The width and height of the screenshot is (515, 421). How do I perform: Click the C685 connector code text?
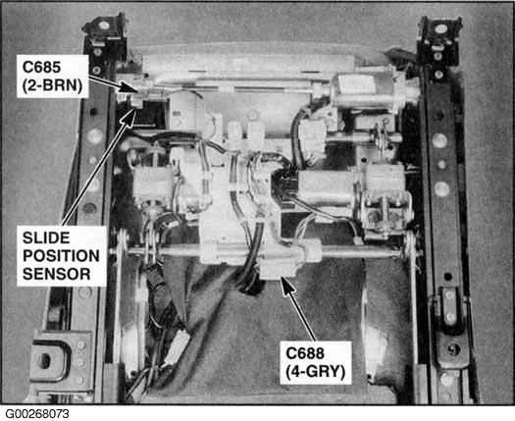[x=42, y=68]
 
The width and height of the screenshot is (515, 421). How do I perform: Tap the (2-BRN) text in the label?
[x=52, y=85]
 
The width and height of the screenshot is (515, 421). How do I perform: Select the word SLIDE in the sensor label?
[x=46, y=237]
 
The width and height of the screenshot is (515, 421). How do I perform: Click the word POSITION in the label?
[x=61, y=256]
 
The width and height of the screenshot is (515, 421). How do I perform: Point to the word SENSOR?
[x=57, y=274]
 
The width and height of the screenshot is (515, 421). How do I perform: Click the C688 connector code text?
[x=305, y=353]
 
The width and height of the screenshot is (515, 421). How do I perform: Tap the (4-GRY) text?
[x=316, y=372]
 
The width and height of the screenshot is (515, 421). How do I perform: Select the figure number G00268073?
[x=37, y=414]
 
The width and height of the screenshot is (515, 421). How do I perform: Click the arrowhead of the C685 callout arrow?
[x=129, y=87]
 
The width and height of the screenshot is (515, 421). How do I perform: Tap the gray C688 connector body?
[x=279, y=267]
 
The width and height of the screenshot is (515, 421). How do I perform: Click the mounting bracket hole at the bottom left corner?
[x=45, y=360]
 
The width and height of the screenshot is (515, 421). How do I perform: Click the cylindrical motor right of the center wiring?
[x=329, y=184]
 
